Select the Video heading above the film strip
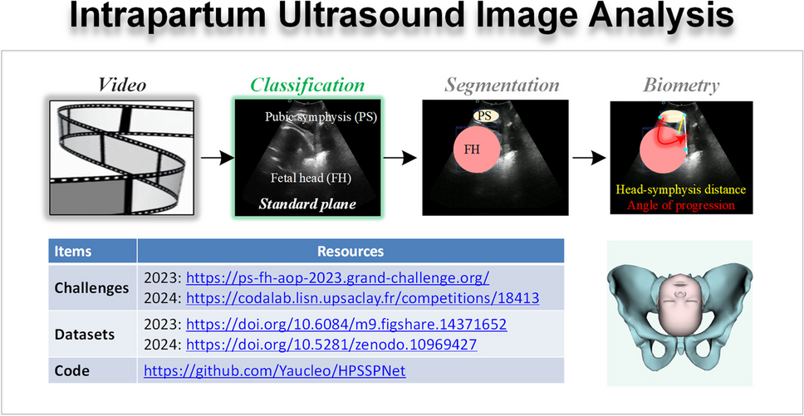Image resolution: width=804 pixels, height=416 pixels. pos(122,85)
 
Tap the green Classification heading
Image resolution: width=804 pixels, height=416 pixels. pos(307,85)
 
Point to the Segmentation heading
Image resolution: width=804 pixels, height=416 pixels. pos(501,85)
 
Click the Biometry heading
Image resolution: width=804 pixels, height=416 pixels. pos(681,86)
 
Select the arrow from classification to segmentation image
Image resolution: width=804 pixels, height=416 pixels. pos(400,158)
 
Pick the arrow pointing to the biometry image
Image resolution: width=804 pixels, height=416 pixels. pos(589,158)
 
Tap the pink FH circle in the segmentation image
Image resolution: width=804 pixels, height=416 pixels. pos(477,150)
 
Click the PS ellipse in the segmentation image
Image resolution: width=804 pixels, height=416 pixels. pos(485,115)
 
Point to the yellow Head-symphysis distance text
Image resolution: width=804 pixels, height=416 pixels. pos(681,190)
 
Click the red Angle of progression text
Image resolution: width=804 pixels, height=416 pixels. pos(681,205)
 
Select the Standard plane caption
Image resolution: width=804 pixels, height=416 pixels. pos(306,204)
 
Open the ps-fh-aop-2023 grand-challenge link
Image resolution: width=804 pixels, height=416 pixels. pos(338,278)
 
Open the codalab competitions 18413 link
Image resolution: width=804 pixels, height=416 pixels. pos(362,298)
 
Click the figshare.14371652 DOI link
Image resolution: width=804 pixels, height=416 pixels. pos(346,325)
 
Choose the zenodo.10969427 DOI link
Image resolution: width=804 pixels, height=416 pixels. pos(331,345)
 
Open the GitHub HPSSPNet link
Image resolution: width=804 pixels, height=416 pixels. pos(275,371)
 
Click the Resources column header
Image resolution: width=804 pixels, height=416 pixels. pos(351,252)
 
